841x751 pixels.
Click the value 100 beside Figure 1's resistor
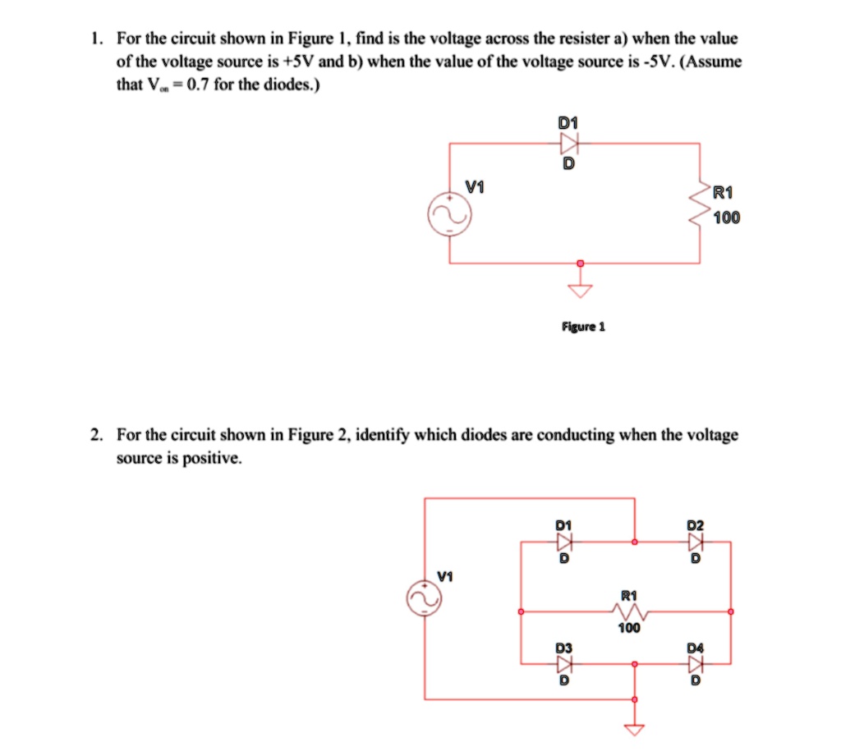point(726,218)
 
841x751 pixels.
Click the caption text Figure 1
point(583,326)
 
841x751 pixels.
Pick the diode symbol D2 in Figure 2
point(696,542)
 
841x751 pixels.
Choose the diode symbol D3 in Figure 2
point(563,663)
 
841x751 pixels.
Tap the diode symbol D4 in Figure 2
point(696,663)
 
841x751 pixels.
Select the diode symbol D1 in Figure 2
point(563,542)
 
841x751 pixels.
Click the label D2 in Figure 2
point(696,524)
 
